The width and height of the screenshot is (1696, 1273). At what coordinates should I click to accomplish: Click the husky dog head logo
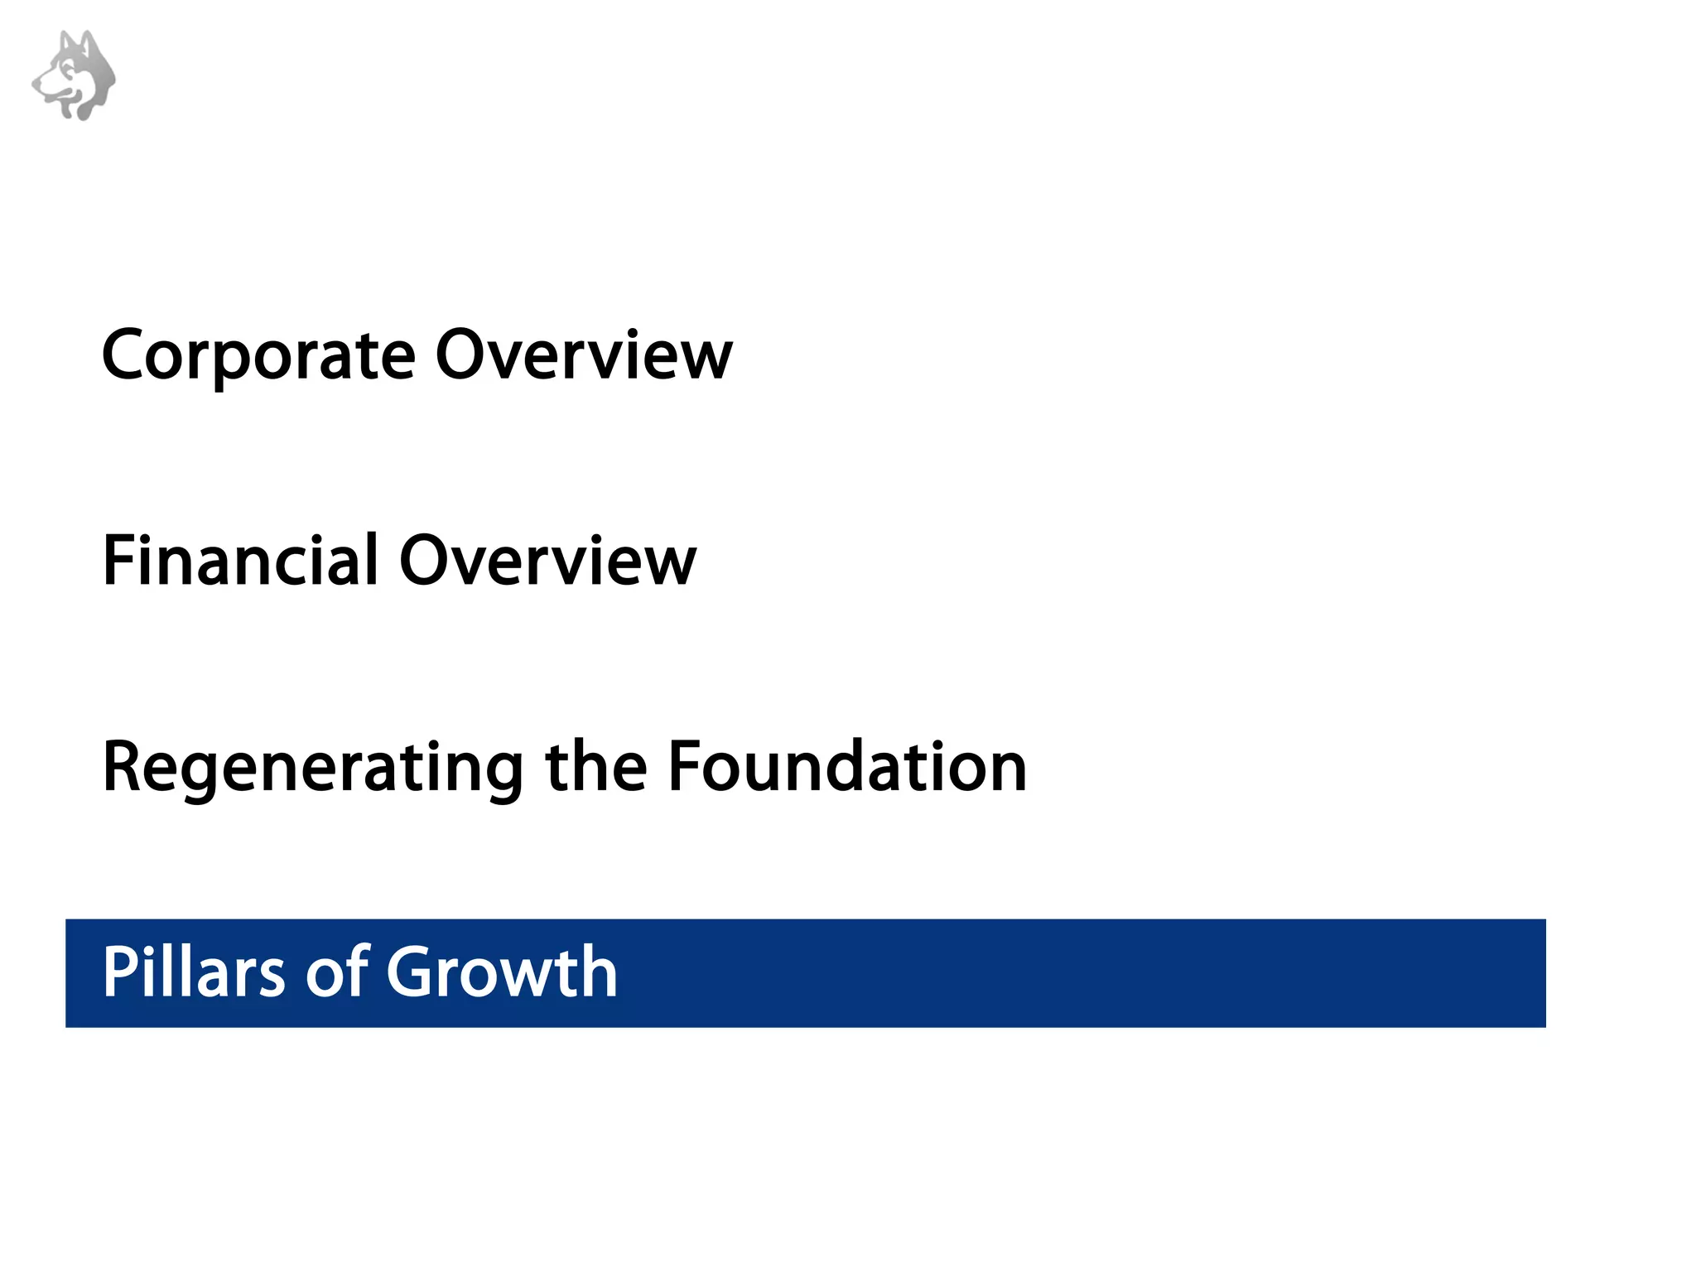[x=75, y=75]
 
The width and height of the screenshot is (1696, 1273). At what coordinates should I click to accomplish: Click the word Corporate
[x=258, y=356]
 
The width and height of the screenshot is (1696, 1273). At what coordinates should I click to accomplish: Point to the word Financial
[x=241, y=561]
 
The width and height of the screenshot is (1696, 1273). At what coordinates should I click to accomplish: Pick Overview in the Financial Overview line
[x=547, y=561]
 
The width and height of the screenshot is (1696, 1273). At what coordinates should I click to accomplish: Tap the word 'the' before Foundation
[x=595, y=767]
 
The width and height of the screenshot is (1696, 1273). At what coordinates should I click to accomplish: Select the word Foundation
[x=847, y=767]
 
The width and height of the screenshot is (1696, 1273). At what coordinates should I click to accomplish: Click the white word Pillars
[x=194, y=972]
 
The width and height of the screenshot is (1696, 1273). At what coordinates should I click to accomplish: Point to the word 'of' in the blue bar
[x=338, y=972]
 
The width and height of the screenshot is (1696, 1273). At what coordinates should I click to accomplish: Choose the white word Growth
[x=502, y=972]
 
